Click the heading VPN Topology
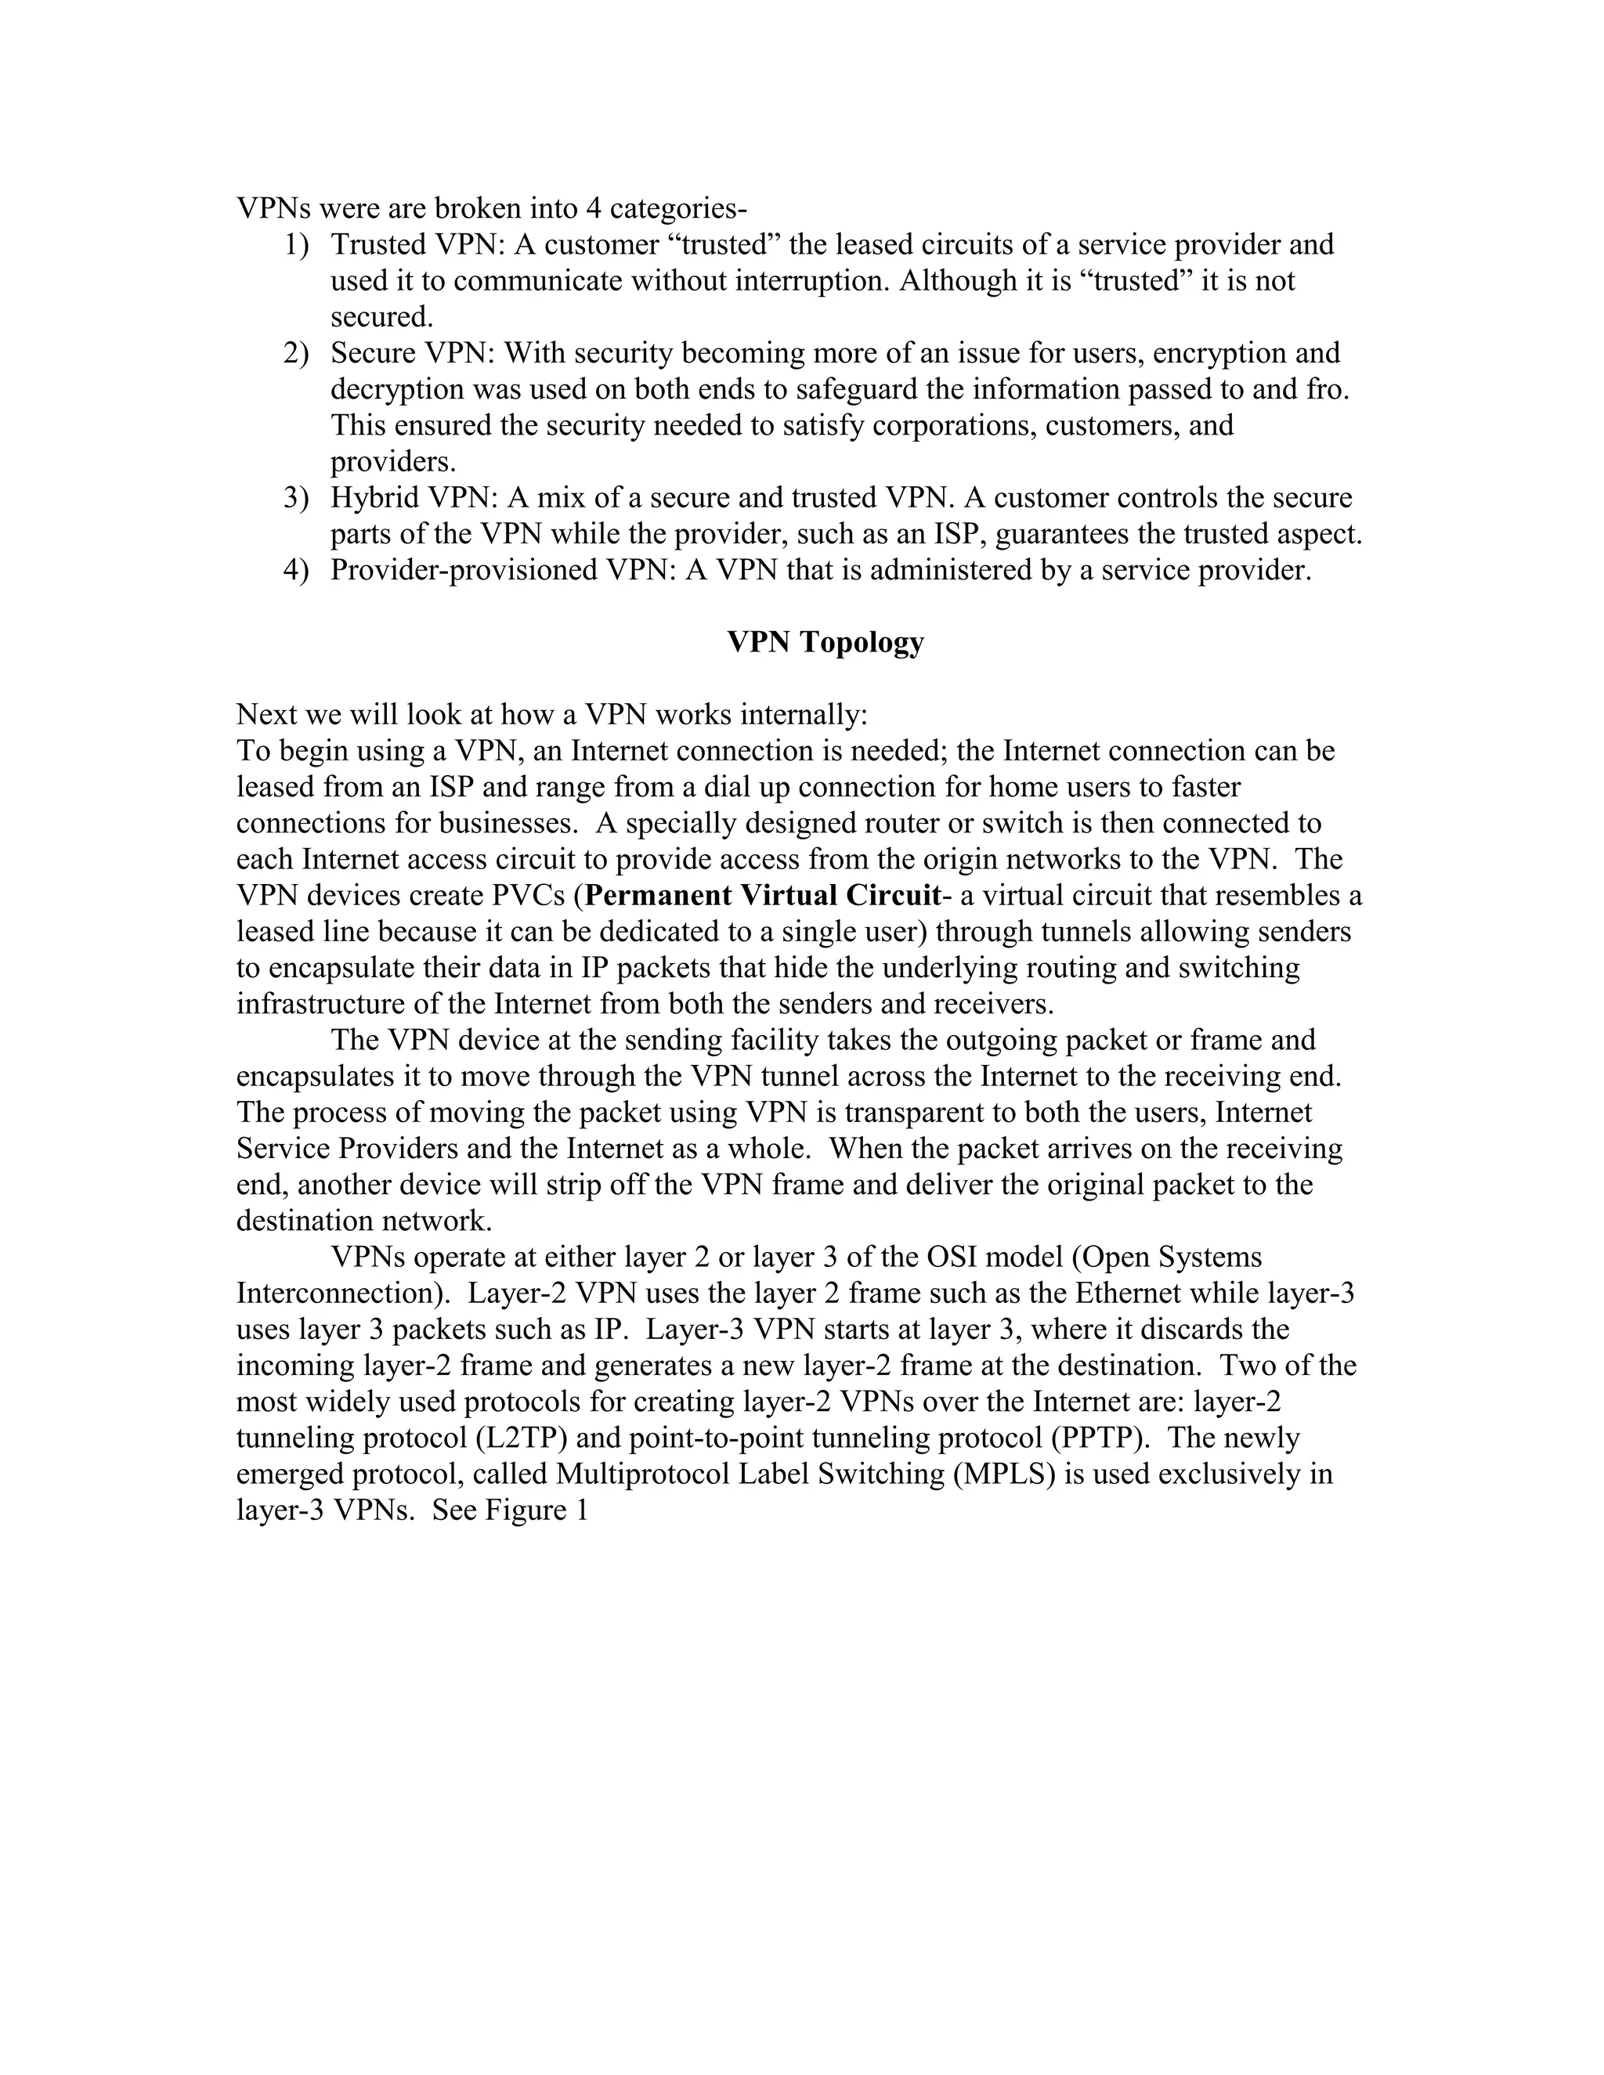[x=825, y=642]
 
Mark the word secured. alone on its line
[x=382, y=317]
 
